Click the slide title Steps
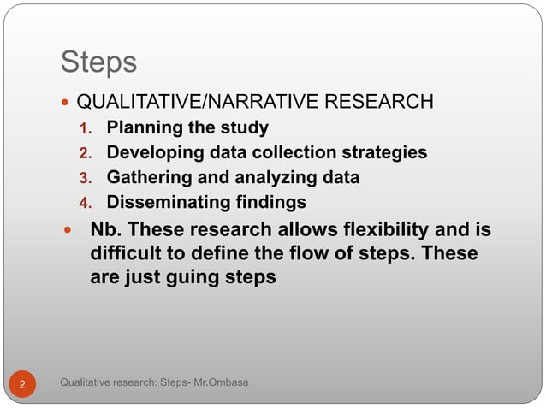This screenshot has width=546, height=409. (98, 62)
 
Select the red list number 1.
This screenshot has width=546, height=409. (85, 129)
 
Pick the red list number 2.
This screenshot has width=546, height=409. (85, 154)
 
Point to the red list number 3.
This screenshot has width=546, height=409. (85, 179)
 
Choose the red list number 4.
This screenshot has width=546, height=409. (85, 204)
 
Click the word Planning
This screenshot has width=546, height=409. (142, 128)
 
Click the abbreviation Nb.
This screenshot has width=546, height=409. (105, 230)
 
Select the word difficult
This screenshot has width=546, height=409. (127, 254)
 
